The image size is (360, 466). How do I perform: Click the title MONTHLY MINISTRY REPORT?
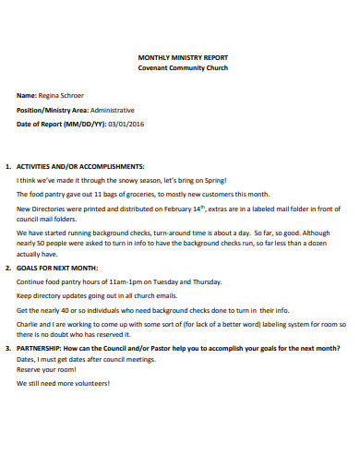pos(180,57)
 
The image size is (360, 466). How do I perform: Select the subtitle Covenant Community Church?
pos(180,68)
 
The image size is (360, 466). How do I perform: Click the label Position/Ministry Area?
pos(51,109)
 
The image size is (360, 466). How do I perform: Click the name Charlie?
pos(29,324)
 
